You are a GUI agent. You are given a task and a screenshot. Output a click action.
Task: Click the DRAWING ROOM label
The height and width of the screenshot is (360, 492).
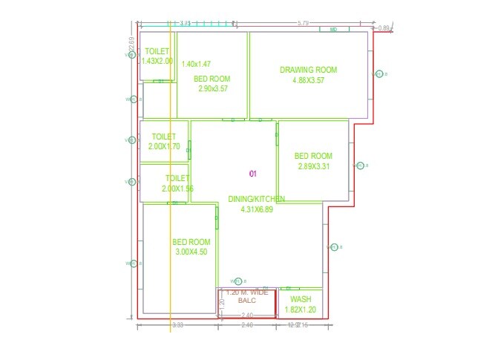pos(308,70)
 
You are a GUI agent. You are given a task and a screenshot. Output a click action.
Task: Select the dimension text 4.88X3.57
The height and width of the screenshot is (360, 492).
pos(308,80)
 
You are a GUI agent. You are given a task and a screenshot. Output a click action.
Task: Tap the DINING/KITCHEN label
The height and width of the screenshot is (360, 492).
pos(256,199)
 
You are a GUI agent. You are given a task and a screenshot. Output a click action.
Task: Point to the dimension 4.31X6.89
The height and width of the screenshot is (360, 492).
pos(257,209)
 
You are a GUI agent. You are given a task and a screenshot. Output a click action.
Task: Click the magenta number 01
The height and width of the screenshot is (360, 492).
pos(252,174)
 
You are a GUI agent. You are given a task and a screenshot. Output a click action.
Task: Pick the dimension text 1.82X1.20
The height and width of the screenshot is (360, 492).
pos(300,309)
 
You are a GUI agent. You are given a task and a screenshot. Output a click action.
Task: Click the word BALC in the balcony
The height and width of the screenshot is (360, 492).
pos(246,301)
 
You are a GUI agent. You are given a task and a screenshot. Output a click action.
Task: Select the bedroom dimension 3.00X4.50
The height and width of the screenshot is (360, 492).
pos(191,252)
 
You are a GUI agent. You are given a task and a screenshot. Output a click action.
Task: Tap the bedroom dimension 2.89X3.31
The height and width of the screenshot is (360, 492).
pos(313,166)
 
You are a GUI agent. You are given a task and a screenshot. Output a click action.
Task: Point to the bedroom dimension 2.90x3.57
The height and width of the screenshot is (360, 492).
pos(212,88)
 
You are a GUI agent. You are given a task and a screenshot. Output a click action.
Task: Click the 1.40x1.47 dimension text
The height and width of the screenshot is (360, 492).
pos(196,65)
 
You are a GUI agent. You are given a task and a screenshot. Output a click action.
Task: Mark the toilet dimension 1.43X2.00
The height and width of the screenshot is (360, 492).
pos(157,61)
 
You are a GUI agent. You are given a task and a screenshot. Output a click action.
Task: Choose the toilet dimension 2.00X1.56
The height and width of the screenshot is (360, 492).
pos(177,189)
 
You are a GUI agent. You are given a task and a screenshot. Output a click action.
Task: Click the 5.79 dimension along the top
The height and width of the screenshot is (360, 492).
pos(303,24)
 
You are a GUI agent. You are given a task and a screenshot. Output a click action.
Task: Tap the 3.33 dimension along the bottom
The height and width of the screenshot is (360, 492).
pos(177,325)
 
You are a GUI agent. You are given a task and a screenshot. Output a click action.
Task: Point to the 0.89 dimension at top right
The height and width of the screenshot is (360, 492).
pos(384,29)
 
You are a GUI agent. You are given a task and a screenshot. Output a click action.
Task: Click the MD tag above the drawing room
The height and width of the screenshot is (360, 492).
pos(333,30)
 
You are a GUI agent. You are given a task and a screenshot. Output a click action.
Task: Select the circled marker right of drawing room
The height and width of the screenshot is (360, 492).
pos(379,73)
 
